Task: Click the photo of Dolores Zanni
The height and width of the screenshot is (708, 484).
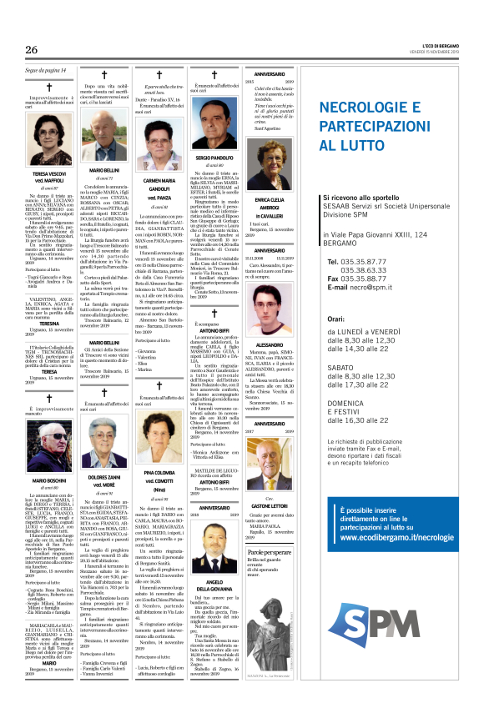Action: pos(103,436)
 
